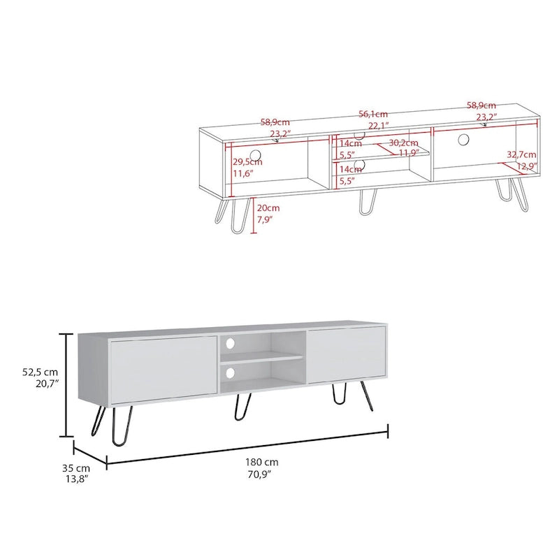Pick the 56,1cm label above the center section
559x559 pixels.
point(373,114)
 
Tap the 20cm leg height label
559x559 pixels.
point(268,208)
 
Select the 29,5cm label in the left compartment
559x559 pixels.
point(247,162)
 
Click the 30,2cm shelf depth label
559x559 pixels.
point(404,143)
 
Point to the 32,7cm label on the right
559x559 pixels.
point(522,154)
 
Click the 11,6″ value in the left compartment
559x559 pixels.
point(244,173)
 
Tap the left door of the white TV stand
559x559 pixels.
point(163,369)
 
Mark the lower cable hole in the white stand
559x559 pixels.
point(231,374)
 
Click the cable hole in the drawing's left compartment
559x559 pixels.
point(256,154)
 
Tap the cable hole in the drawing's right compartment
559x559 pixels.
point(463,140)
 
